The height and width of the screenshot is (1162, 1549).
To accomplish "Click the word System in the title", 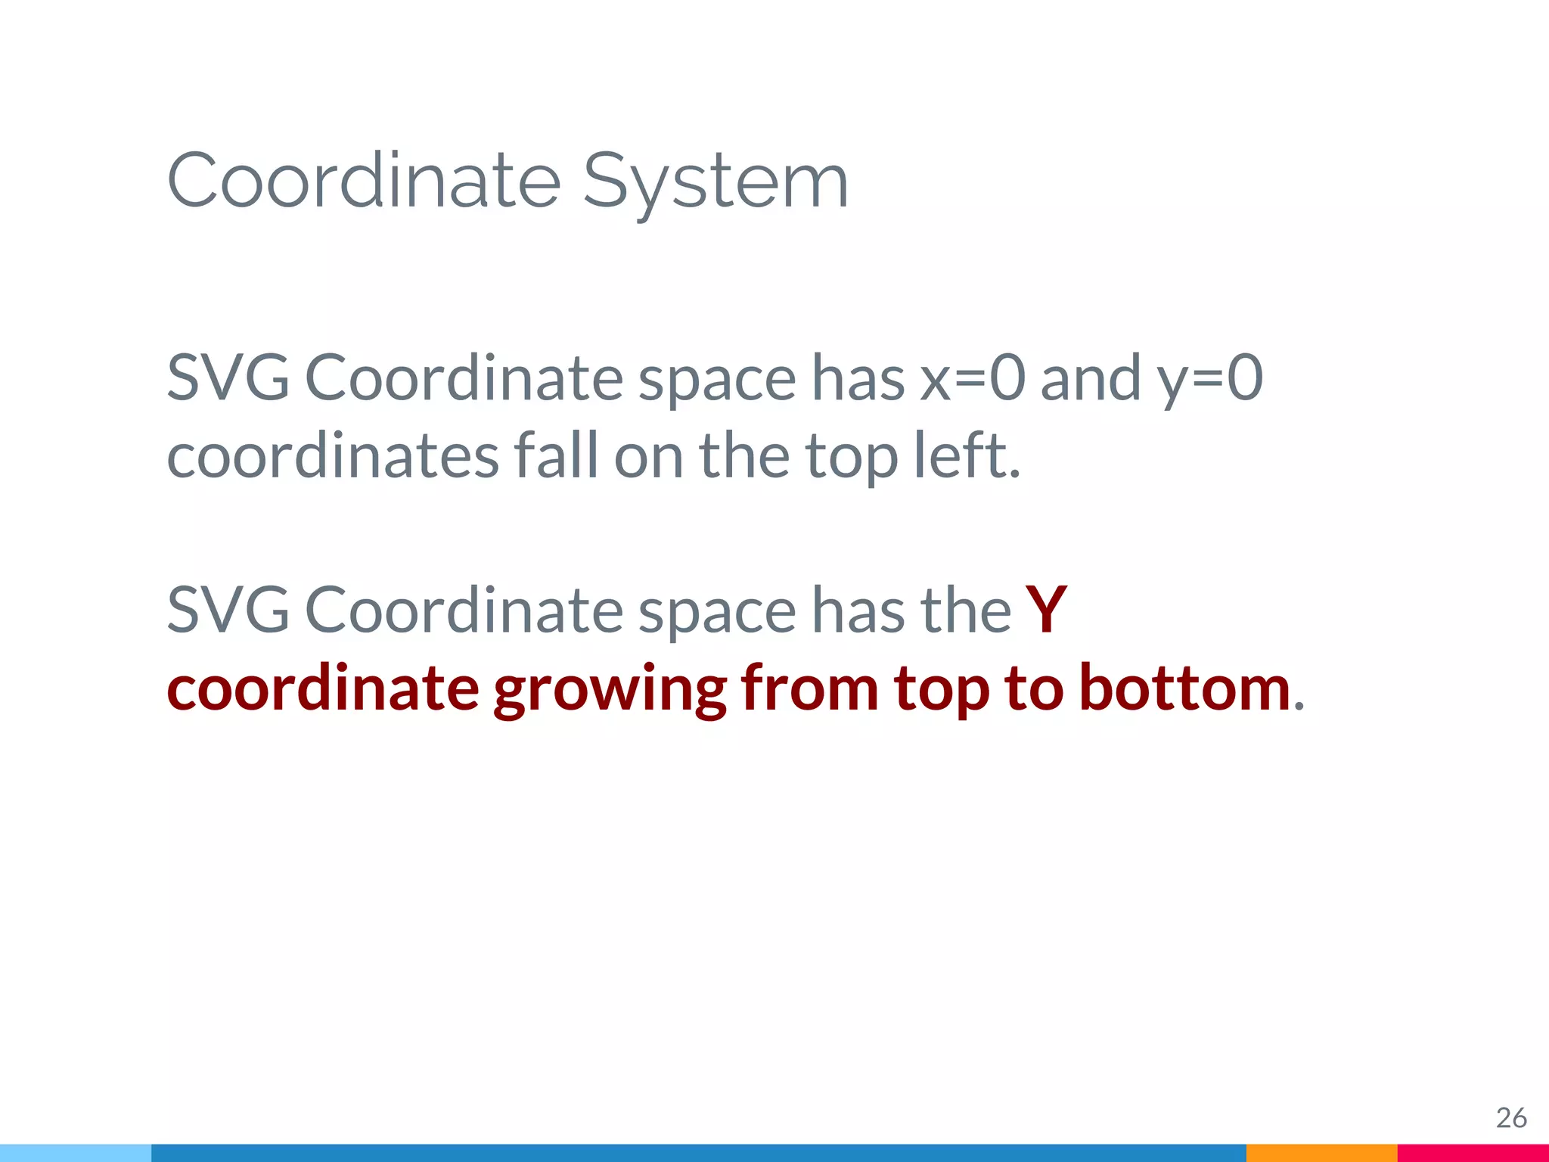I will tap(716, 182).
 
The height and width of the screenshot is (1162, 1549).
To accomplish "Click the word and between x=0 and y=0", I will tap(1091, 377).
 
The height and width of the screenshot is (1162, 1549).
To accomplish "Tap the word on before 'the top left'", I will tap(648, 457).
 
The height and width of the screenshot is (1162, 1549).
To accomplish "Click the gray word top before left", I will tap(851, 458).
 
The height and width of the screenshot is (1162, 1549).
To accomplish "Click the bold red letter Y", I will tap(1046, 610).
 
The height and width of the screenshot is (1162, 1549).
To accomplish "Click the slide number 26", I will tap(1511, 1117).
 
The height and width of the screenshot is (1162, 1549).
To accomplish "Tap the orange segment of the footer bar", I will tap(1321, 1153).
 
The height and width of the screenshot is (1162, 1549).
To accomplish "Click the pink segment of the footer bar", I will tap(1473, 1153).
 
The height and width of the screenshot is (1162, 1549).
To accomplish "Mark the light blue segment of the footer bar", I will tap(76, 1153).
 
